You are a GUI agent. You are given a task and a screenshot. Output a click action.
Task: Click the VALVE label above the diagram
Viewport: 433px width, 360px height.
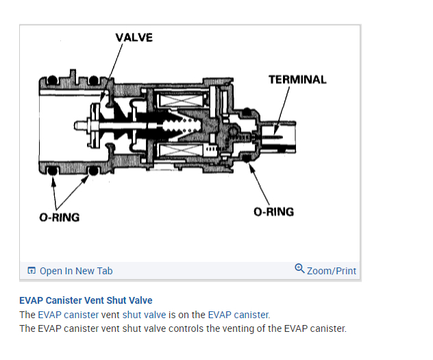coord(134,37)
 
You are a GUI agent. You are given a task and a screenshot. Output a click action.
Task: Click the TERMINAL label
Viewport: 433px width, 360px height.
coord(297,80)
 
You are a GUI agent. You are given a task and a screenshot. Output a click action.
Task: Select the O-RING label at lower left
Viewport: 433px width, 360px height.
coord(59,217)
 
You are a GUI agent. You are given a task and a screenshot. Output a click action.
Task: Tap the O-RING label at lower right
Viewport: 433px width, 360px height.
coord(273,211)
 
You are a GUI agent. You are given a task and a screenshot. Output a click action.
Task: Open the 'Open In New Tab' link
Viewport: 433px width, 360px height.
coord(75,271)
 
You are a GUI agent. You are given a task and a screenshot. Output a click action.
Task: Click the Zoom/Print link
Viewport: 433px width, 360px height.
coord(332,271)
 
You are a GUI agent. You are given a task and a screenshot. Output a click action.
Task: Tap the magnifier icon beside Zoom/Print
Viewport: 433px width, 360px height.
coord(299,269)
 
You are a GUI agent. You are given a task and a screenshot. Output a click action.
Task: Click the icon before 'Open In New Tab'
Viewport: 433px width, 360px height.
coord(32,271)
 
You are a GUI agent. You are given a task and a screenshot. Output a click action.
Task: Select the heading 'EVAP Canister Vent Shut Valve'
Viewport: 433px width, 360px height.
coord(86,300)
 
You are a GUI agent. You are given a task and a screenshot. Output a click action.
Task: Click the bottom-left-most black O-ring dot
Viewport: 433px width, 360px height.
coord(53,170)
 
